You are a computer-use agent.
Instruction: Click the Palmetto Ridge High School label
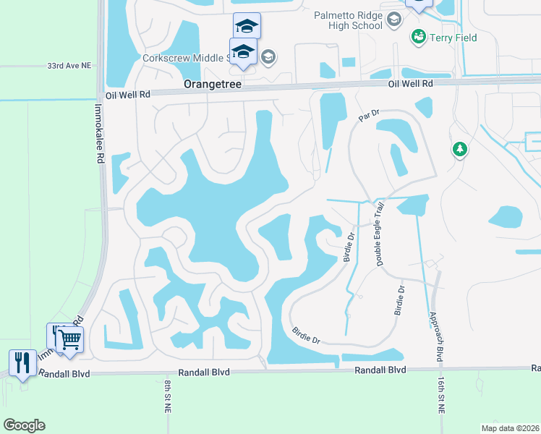[x=338, y=20]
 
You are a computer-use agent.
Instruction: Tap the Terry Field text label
[x=453, y=38]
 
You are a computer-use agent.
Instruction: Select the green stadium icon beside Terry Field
[x=417, y=36]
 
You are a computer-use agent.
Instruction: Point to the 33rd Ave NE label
[x=69, y=65]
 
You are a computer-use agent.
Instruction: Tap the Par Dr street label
[x=369, y=116]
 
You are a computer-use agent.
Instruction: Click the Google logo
[x=24, y=425]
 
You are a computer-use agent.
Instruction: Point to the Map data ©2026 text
[x=510, y=427]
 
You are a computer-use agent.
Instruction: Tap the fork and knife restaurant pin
[x=22, y=363]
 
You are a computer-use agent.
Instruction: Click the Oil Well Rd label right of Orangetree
[x=410, y=84]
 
